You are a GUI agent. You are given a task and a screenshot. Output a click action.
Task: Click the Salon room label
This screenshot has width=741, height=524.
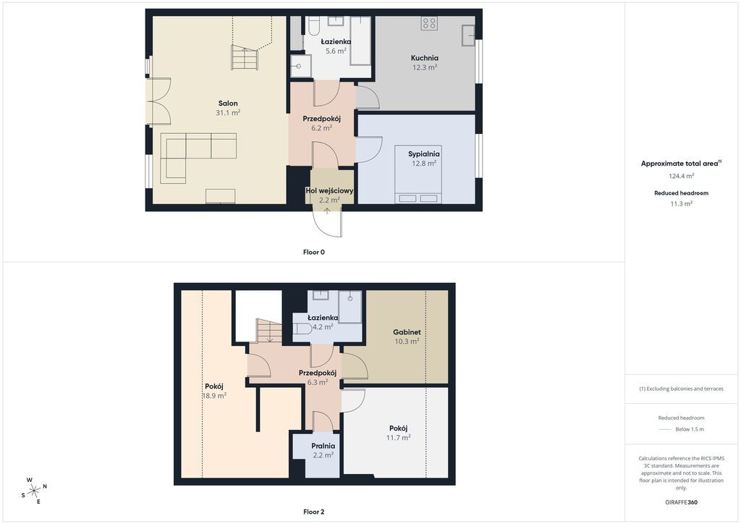228,103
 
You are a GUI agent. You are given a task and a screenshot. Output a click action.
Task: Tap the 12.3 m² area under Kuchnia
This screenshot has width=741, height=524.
424,67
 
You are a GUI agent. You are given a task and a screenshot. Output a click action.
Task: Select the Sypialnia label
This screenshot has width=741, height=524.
424,154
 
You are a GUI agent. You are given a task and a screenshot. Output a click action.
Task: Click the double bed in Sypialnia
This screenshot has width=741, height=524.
418,174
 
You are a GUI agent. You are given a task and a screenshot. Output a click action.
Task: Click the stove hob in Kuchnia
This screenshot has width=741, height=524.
429,23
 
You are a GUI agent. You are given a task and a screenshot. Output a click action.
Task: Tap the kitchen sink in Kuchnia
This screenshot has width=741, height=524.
468,35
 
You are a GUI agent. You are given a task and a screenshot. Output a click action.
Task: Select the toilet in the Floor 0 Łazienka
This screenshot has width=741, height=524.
313,27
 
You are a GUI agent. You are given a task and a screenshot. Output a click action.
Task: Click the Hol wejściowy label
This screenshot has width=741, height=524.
329,191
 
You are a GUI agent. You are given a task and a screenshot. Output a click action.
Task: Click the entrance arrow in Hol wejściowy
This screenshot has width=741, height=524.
327,211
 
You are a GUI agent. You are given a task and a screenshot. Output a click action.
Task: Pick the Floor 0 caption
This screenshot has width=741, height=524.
314,253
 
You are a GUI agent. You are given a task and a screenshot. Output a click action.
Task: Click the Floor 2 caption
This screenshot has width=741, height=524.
314,512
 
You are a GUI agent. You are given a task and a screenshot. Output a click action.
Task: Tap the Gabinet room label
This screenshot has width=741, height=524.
407,332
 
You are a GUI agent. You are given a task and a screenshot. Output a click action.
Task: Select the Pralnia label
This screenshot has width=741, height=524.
323,446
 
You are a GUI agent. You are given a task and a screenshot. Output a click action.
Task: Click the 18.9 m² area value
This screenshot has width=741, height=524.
214,396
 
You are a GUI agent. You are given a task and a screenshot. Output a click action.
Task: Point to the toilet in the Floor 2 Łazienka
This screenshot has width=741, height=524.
302,329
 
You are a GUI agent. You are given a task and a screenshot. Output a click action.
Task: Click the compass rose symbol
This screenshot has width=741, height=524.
34,491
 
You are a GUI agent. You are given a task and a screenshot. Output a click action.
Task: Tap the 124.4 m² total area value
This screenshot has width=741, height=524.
681,176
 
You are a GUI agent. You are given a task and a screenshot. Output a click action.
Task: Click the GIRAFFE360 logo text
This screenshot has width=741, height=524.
681,502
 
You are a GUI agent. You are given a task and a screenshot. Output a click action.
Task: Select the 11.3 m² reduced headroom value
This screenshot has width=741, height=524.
681,203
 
